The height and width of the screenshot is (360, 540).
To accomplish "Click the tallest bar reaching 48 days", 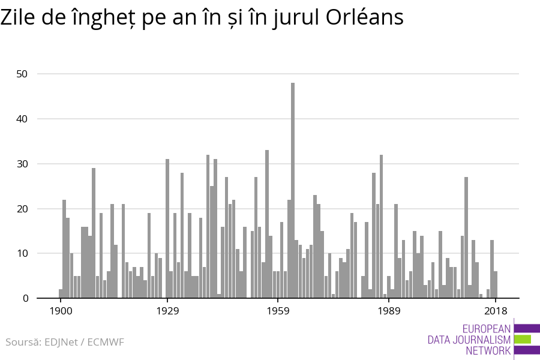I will point(293,192).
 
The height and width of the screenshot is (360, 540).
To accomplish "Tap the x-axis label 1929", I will point(167,311).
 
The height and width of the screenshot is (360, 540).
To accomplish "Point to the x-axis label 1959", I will point(278,311).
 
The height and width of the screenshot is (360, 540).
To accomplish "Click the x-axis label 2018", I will point(496,311).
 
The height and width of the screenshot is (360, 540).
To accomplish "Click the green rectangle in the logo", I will point(523,339).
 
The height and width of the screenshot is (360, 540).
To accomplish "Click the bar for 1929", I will point(167,229).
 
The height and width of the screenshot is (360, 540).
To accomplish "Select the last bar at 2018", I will point(496,285).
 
